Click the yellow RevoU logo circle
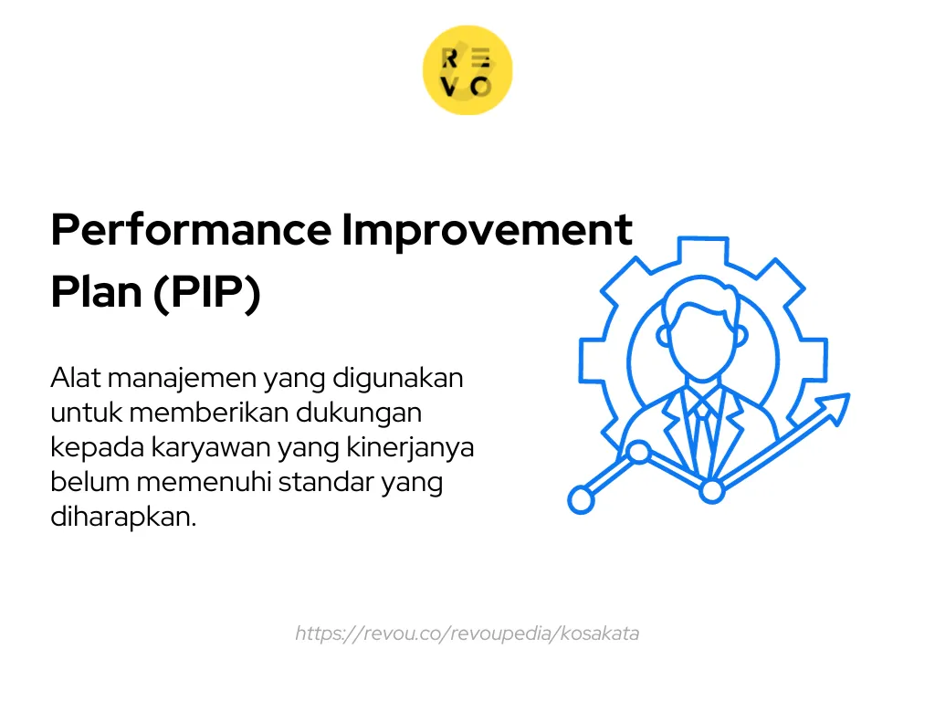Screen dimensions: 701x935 [467, 70]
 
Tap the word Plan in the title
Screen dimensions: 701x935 [95, 294]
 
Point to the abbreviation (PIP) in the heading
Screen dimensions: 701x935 [206, 294]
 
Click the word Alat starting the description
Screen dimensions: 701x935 [75, 378]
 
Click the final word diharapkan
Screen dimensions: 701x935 [122, 517]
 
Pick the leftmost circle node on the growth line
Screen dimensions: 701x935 [581, 498]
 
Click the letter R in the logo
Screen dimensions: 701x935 [450, 58]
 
